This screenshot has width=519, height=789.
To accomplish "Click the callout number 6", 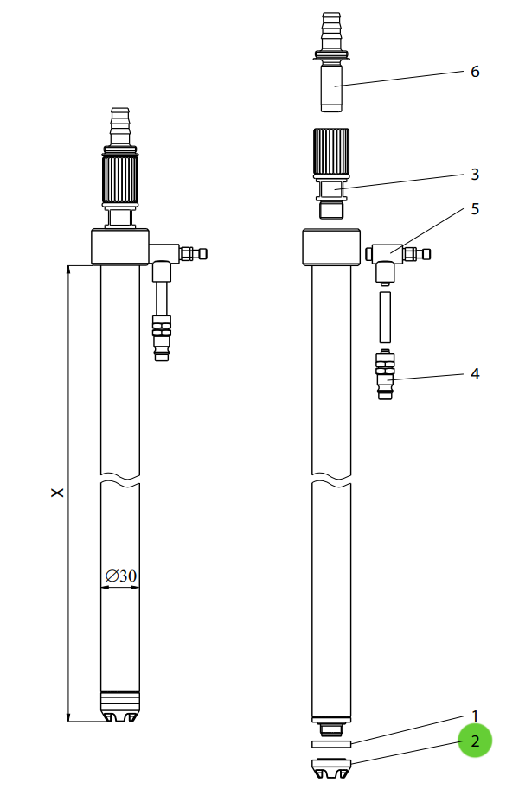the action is pyautogui.click(x=475, y=72).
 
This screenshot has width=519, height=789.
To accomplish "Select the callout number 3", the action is pyautogui.click(x=475, y=174).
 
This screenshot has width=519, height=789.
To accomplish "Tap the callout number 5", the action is pyautogui.click(x=475, y=209).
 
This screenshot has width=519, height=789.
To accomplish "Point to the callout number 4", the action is pyautogui.click(x=475, y=374).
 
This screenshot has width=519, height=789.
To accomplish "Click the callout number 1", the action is pyautogui.click(x=475, y=716).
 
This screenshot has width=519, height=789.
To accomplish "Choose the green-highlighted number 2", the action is pyautogui.click(x=475, y=741).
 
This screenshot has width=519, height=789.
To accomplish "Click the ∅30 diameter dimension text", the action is pyautogui.click(x=121, y=576).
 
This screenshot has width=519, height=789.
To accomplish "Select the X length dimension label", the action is pyautogui.click(x=58, y=492).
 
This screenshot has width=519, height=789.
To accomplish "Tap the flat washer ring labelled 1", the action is pyautogui.click(x=331, y=744).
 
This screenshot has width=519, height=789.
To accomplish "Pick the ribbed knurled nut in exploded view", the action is pyautogui.click(x=331, y=153).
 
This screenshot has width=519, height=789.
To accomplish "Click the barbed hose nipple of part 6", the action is pyautogui.click(x=331, y=31).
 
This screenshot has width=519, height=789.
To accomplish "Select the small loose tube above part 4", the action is pyautogui.click(x=385, y=317).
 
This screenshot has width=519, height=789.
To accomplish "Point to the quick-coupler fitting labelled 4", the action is pyautogui.click(x=385, y=374).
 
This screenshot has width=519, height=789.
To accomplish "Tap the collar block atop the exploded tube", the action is pyautogui.click(x=331, y=247).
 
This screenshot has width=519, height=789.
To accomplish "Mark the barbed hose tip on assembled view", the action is pyautogui.click(x=120, y=126).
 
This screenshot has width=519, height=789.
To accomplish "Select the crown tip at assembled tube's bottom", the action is pyautogui.click(x=120, y=707).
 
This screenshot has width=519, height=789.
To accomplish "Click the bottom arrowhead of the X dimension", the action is pyautogui.click(x=68, y=717).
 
